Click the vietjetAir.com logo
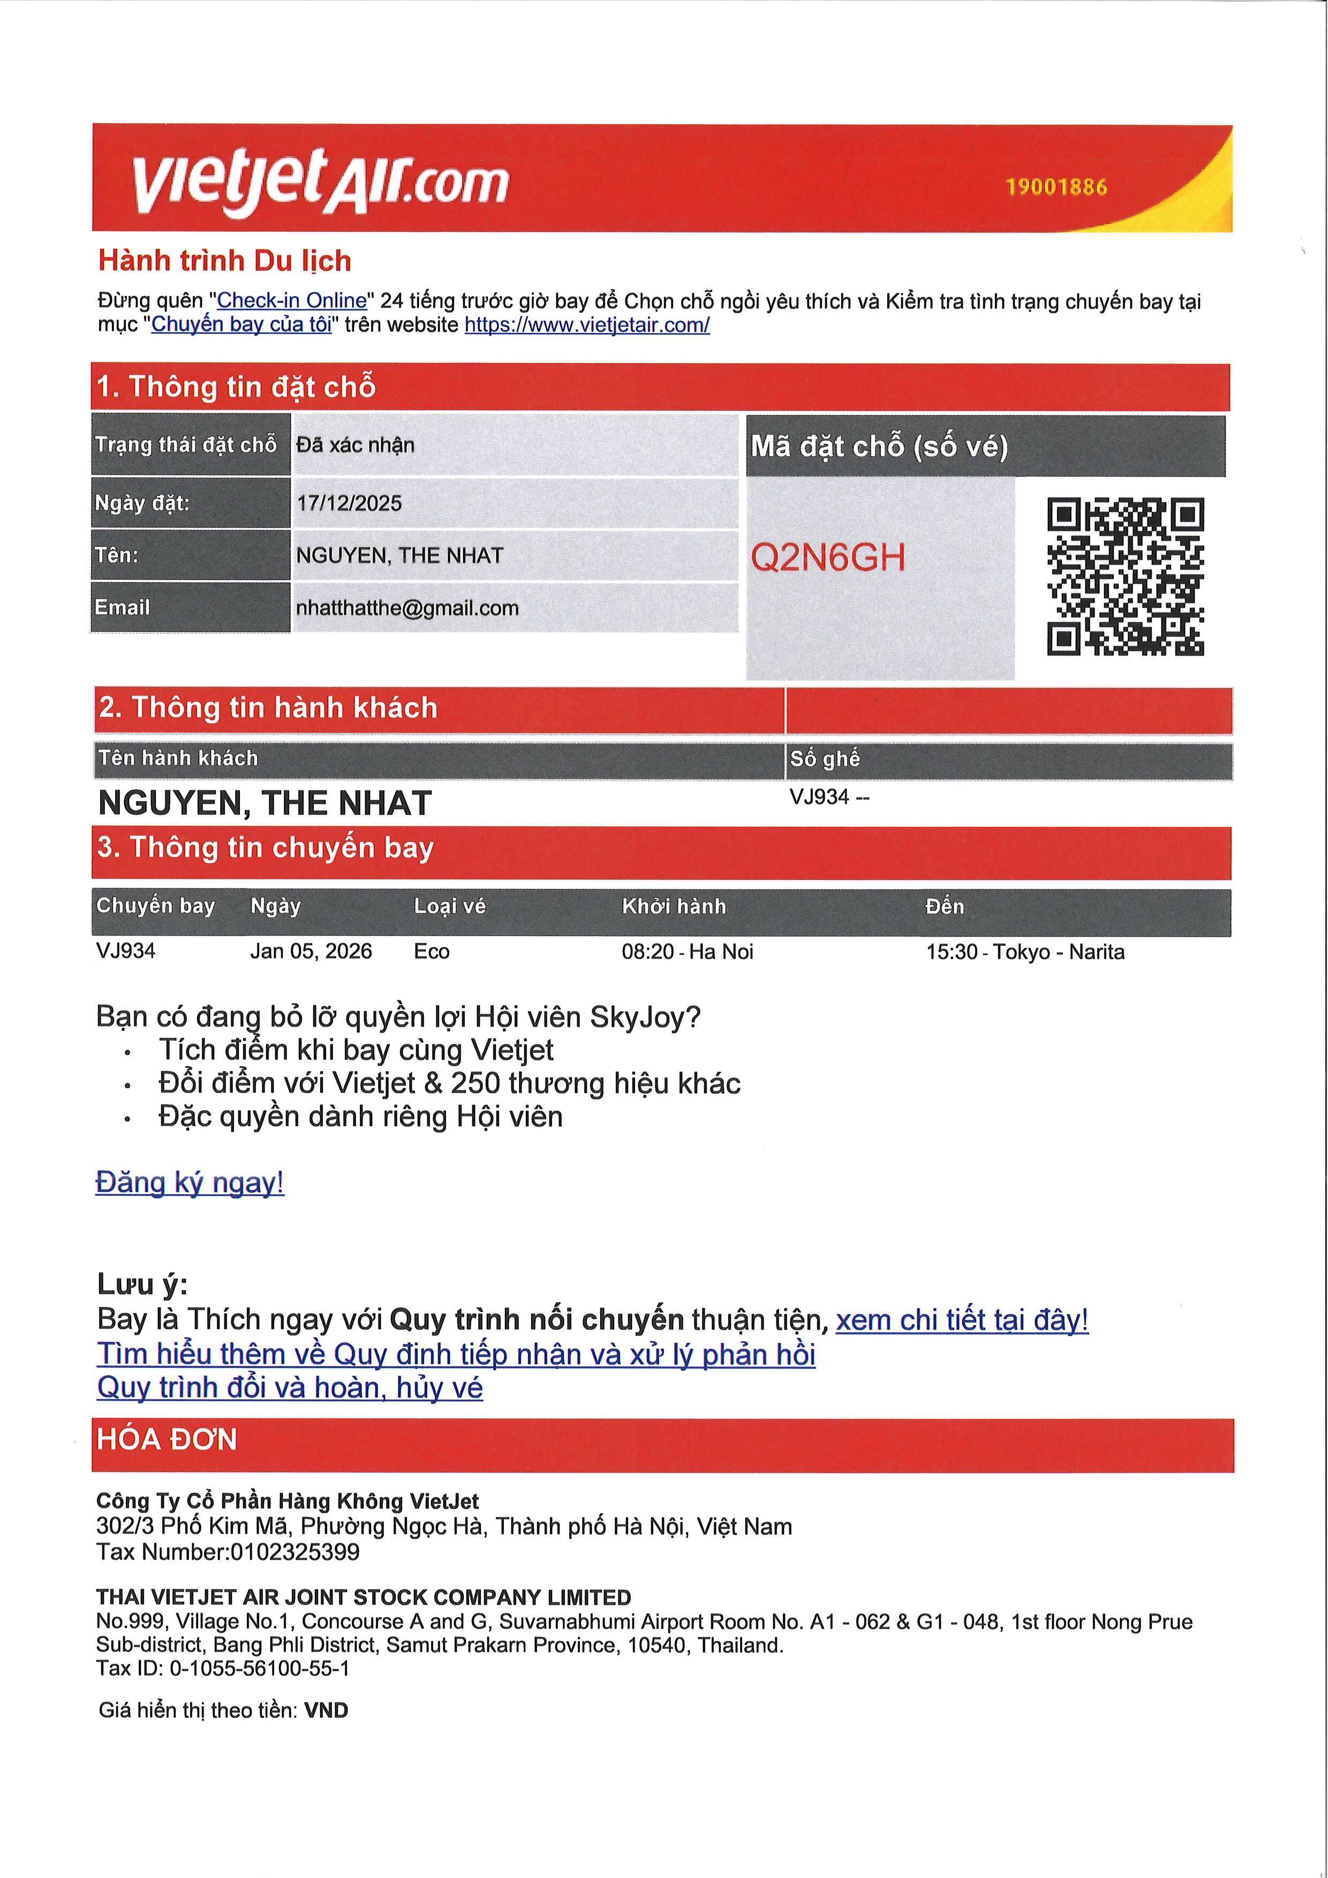pyautogui.click(x=321, y=180)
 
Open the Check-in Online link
pyautogui.click(x=291, y=300)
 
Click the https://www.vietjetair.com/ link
pyautogui.click(x=586, y=325)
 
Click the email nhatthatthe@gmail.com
pyautogui.click(x=407, y=608)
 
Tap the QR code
pyautogui.click(x=1125, y=577)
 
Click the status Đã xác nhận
pyautogui.click(x=356, y=445)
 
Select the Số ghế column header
pyautogui.click(x=824, y=759)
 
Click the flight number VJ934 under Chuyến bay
pyautogui.click(x=126, y=951)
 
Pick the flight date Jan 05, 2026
pyautogui.click(x=311, y=951)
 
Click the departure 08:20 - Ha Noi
pyautogui.click(x=687, y=951)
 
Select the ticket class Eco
pyautogui.click(x=432, y=951)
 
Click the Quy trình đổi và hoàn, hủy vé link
pyautogui.click(x=290, y=1388)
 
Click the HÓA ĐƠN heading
pyautogui.click(x=167, y=1439)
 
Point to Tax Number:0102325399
pyautogui.click(x=228, y=1552)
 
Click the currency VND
pyautogui.click(x=326, y=1710)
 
